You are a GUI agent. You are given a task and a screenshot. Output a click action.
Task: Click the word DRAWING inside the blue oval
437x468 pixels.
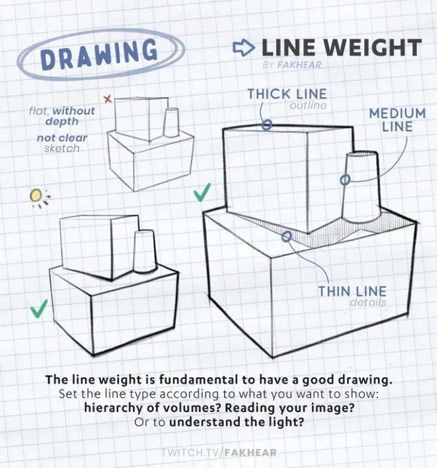(x=99, y=54)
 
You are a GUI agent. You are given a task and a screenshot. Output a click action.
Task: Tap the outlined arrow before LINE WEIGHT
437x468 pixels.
(x=243, y=47)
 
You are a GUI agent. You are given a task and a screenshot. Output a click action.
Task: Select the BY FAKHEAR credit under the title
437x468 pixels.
(x=292, y=65)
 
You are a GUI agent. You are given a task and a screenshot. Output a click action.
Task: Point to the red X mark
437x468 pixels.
(x=108, y=99)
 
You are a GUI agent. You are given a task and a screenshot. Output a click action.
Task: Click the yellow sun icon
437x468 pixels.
(x=36, y=195)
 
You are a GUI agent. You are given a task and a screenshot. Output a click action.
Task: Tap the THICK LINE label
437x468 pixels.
(x=287, y=94)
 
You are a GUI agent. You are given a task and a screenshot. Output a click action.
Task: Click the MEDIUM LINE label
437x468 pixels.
(x=397, y=120)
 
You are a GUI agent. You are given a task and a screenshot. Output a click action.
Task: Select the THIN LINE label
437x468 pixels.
(x=352, y=291)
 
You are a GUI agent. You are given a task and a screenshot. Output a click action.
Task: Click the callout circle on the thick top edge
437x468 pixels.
(x=267, y=125)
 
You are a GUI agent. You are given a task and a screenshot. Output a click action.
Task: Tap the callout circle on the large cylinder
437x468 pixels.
(x=345, y=180)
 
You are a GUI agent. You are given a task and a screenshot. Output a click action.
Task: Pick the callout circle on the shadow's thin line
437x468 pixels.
(x=287, y=237)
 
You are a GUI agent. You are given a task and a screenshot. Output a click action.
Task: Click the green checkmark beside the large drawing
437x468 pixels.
(x=202, y=192)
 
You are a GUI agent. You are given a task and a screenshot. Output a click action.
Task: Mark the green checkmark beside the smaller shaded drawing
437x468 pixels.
(x=39, y=308)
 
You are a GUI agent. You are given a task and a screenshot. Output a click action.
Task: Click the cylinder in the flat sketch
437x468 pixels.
(x=171, y=123)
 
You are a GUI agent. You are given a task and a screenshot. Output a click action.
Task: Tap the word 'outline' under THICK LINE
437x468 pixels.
(x=308, y=105)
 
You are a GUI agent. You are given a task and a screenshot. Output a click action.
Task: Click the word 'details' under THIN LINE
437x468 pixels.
(x=368, y=302)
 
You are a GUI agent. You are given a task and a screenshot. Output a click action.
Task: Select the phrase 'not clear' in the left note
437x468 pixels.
(x=62, y=138)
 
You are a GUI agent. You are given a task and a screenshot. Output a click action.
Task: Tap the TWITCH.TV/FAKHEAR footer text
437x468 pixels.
(x=219, y=452)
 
